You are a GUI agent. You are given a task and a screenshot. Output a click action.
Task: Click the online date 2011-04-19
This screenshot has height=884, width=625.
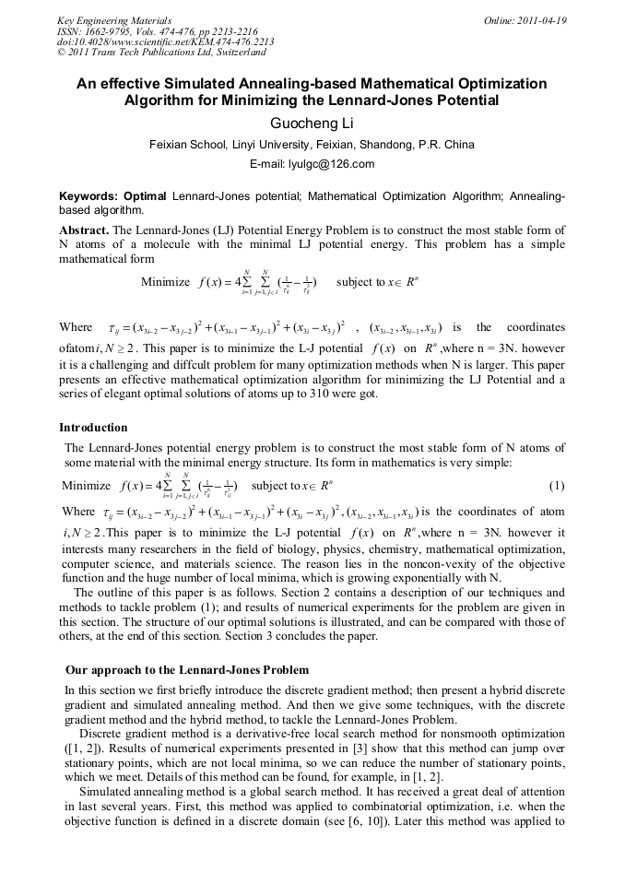[538, 20]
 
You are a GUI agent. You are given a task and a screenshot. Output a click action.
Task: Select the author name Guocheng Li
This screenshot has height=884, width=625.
[312, 123]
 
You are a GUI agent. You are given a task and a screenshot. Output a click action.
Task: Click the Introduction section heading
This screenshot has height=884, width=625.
[93, 428]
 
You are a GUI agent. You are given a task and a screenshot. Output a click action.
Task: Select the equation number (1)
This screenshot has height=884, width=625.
[557, 486]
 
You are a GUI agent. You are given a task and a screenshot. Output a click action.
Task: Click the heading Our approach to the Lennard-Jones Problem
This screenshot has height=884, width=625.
[187, 669]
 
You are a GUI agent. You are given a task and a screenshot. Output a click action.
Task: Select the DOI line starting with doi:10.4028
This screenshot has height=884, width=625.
[165, 42]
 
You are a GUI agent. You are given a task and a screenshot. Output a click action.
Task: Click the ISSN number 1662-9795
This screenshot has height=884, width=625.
[109, 31]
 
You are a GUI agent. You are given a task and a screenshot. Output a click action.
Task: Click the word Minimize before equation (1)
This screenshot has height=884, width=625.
[85, 486]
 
